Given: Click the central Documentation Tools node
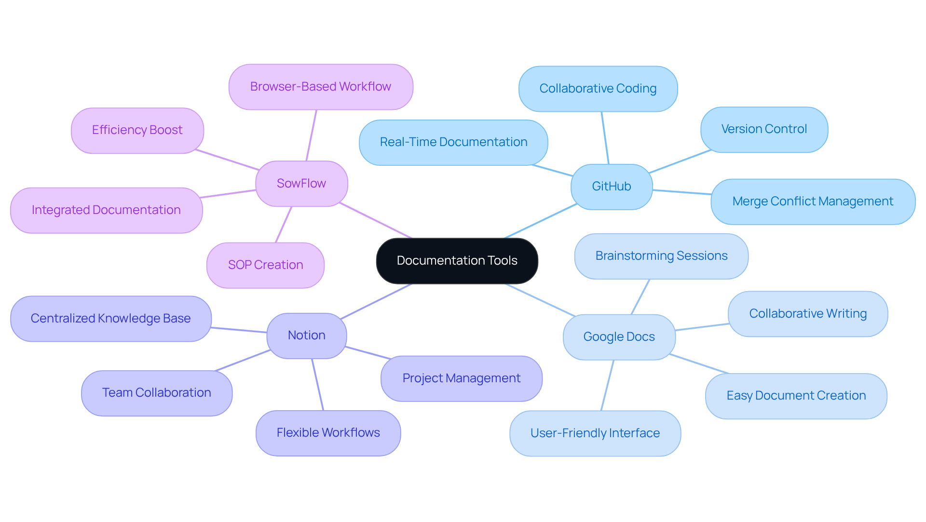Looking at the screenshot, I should [x=457, y=261].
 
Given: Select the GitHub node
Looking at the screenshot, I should [x=611, y=187].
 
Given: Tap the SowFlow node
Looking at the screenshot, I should [x=301, y=184].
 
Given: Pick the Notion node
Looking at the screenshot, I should [x=306, y=335].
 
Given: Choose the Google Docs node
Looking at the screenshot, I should [x=619, y=337].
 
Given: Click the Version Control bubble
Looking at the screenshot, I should [x=764, y=129].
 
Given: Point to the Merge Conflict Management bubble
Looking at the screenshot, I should [x=813, y=201].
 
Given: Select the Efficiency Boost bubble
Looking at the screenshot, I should [x=137, y=130].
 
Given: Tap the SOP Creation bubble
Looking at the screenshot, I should [x=265, y=265].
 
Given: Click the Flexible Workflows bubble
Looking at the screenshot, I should [x=328, y=433].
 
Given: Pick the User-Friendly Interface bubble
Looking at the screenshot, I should [x=595, y=433].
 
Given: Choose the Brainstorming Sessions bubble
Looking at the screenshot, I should [x=661, y=256].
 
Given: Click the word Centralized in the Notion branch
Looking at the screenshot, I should [x=63, y=319].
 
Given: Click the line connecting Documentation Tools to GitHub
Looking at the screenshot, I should [x=540, y=221].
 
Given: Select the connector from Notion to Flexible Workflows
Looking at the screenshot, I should [x=317, y=385].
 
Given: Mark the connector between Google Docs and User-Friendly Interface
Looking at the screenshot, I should [x=607, y=386].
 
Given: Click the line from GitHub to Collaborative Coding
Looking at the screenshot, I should [x=605, y=138].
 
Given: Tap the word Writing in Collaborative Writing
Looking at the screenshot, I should [x=846, y=314].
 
